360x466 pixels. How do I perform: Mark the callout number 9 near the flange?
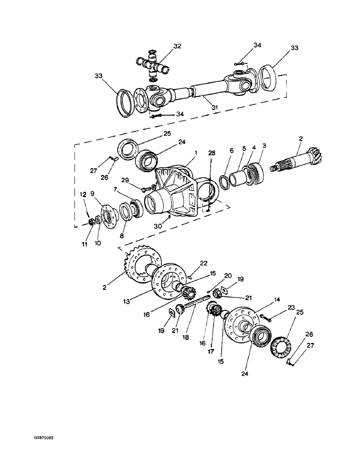(x=92, y=193)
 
